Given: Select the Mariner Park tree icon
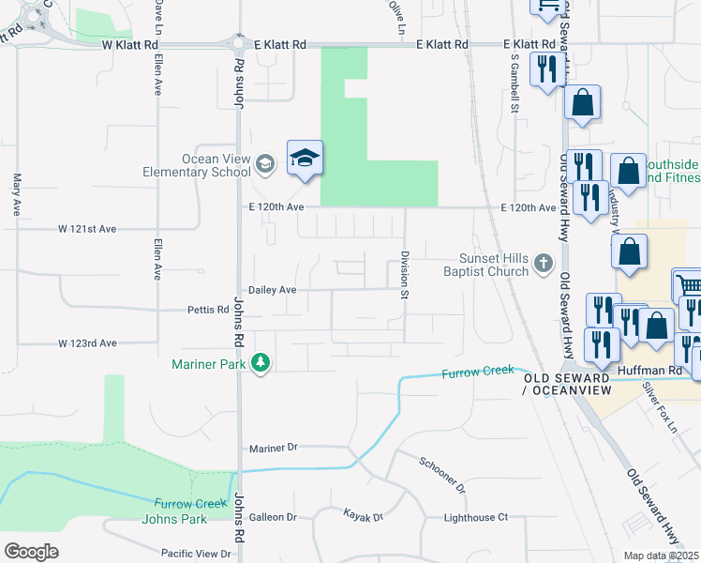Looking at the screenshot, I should click(261, 363).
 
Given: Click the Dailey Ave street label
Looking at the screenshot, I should click(272, 291).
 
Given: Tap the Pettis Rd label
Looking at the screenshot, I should click(208, 310).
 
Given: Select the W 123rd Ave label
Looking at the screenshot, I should click(87, 343).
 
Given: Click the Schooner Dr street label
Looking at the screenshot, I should click(442, 476).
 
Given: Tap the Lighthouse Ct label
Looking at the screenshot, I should click(475, 517).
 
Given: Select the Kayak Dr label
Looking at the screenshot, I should click(365, 517).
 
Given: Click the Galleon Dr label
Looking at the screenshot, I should click(273, 517).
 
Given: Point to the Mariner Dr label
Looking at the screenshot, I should click(273, 449).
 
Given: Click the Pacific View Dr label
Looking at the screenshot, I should click(196, 554).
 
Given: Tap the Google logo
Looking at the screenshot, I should click(31, 552).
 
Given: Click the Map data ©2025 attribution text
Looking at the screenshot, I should click(662, 555).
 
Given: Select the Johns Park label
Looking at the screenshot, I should click(173, 519).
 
